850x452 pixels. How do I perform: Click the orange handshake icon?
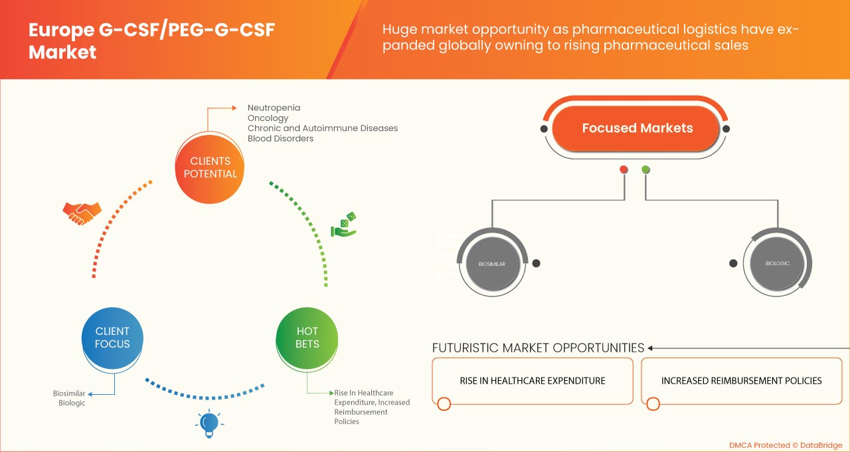click(x=82, y=213)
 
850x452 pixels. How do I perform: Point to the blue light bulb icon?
click(x=209, y=423)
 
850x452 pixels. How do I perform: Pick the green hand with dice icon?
click(x=344, y=225)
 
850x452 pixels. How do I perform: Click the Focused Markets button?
click(x=637, y=128)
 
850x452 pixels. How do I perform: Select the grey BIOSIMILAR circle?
click(x=492, y=264)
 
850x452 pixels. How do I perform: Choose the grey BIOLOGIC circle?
click(x=778, y=263)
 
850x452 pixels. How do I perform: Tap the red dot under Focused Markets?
click(x=624, y=169)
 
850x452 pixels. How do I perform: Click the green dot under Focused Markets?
click(x=645, y=169)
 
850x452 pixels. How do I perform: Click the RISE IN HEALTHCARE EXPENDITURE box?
click(x=532, y=381)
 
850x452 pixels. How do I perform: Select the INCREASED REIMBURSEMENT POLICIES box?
click(x=741, y=381)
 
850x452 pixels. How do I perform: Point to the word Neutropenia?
click(x=274, y=108)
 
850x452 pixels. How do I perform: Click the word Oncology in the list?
click(x=268, y=118)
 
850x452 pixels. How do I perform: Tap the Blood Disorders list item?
click(x=280, y=138)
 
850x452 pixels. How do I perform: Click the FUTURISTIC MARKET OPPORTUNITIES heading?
click(x=538, y=348)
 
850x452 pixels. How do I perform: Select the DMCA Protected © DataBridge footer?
click(x=785, y=445)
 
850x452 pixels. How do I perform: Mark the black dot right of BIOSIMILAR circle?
click(x=536, y=263)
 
